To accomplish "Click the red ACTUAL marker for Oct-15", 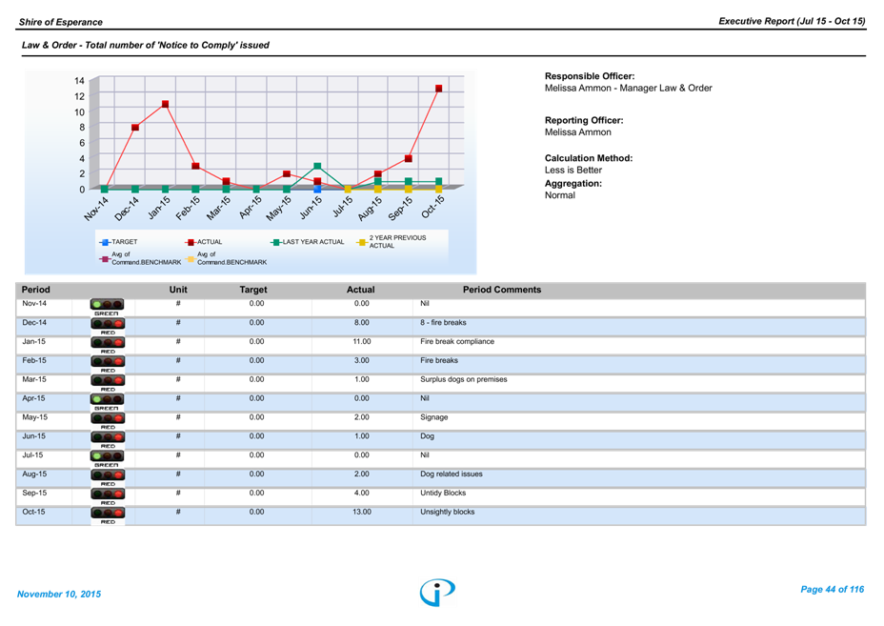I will click(x=438, y=89).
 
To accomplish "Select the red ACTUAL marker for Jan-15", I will click(x=165, y=104).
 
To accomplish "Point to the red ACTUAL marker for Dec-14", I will click(x=135, y=127).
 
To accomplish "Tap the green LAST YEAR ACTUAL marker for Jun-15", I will click(x=317, y=166).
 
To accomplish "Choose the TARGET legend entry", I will click(x=120, y=242).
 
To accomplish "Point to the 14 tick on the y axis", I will click(x=80, y=81).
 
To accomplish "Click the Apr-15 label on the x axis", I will click(x=251, y=206).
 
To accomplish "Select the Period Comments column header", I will click(x=501, y=290).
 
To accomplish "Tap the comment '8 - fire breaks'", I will click(x=443, y=323).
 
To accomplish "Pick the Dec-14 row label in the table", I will click(x=33, y=323).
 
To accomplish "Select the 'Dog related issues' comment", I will click(x=452, y=474).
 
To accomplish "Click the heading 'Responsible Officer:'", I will click(x=590, y=76).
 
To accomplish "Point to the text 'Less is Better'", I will click(x=573, y=170).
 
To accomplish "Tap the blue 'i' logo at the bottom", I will click(x=437, y=592).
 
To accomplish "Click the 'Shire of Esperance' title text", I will click(x=60, y=21).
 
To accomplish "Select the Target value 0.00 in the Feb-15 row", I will click(x=256, y=360).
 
